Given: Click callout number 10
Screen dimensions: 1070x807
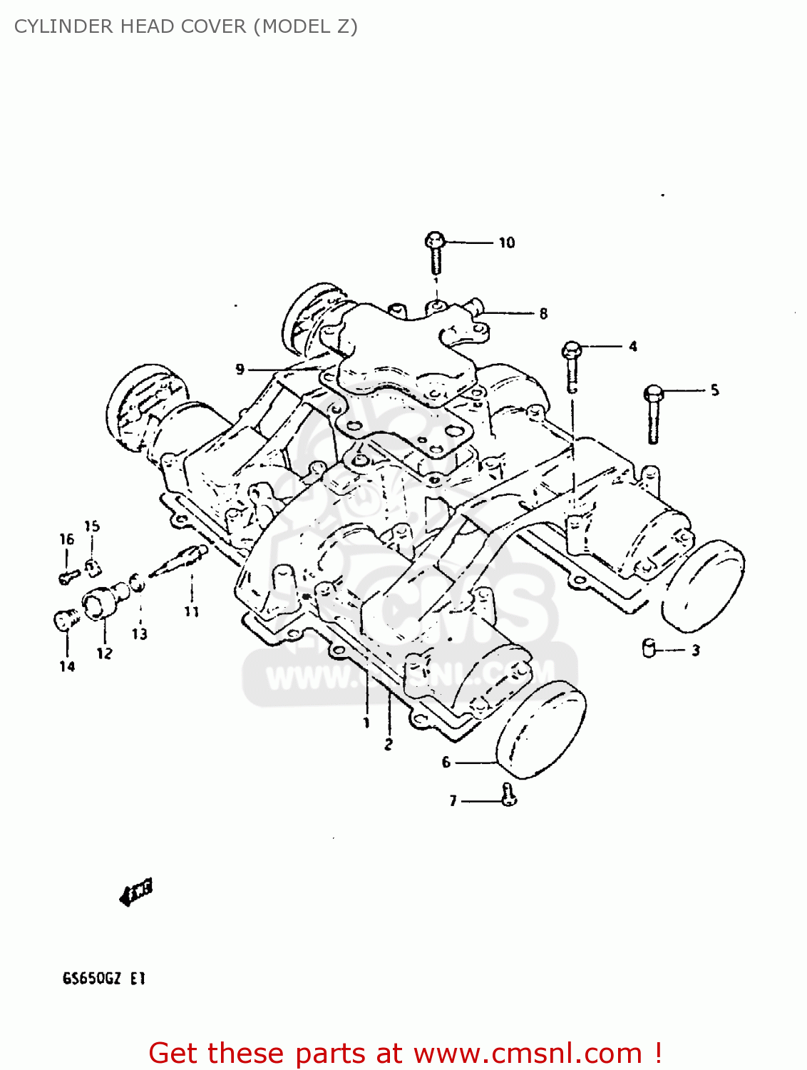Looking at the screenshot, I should point(506,243).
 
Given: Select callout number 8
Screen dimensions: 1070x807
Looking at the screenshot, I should point(543,313).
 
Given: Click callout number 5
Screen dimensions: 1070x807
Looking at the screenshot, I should point(714,390).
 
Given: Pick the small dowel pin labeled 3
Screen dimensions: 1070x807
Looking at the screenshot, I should point(649,648).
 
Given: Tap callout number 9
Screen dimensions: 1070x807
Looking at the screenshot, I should point(240,369).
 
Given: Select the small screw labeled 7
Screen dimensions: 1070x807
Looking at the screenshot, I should point(508,794).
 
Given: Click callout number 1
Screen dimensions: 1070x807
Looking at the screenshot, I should point(366,723).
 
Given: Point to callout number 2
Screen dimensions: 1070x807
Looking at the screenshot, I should point(389,744).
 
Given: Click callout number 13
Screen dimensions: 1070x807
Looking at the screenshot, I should point(140,633).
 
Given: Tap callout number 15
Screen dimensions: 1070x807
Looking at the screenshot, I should point(92,526).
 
